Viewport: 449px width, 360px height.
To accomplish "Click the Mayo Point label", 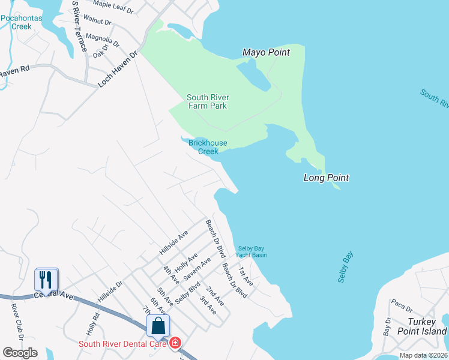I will click(266, 52).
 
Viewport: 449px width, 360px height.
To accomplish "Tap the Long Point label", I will click(326, 178).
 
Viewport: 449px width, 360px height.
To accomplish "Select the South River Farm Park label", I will click(207, 101).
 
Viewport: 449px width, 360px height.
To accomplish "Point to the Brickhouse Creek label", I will click(203, 147).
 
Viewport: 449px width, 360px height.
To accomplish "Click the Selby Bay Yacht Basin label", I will click(252, 251).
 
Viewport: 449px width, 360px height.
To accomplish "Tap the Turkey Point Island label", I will click(422, 326).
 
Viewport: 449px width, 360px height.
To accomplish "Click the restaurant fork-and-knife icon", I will click(46, 280).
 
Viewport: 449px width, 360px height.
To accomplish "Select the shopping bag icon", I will click(158, 326).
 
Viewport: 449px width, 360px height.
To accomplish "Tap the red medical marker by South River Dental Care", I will click(175, 343).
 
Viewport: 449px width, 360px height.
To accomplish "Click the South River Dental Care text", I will click(124, 344).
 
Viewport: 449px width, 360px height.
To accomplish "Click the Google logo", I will click(20, 353).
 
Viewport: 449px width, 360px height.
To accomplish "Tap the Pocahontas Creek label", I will click(24, 22).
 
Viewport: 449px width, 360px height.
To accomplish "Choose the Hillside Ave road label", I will click(174, 241).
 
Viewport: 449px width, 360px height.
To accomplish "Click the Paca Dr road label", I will click(402, 305).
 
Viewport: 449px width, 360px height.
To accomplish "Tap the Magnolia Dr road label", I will click(103, 40).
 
